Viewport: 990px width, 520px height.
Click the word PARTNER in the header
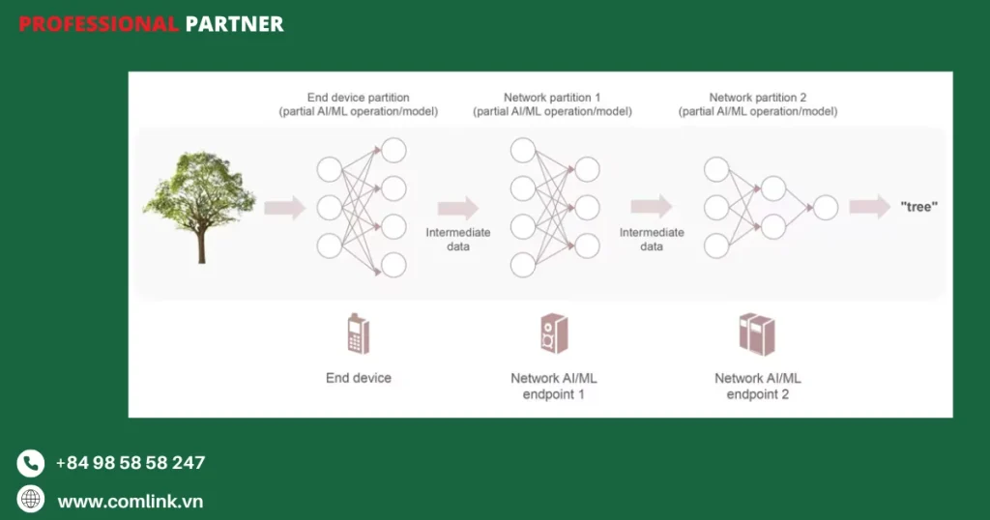pos(234,24)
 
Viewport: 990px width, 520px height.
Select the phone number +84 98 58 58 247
pos(131,463)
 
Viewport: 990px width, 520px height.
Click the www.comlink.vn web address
pos(131,502)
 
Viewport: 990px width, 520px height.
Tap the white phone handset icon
pos(31,464)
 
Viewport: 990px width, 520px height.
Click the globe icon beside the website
pos(31,500)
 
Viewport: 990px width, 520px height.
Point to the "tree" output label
pos(918,207)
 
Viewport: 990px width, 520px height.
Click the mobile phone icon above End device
pos(358,334)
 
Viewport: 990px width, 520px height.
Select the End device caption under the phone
pos(359,378)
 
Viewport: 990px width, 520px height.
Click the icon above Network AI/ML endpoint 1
pos(554,333)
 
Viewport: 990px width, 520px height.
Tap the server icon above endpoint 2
pos(757,334)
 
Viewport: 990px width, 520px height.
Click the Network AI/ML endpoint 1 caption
pos(554,386)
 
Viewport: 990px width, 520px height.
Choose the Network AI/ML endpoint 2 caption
pos(758,386)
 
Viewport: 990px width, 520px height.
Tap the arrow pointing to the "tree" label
pos(868,207)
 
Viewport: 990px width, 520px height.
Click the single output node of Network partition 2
pos(825,208)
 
